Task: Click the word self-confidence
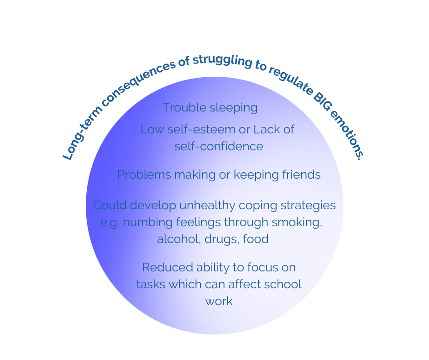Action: point(219,146)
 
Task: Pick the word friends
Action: point(298,175)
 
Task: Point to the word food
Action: point(256,239)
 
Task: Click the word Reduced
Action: point(167,267)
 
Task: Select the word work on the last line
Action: point(219,301)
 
